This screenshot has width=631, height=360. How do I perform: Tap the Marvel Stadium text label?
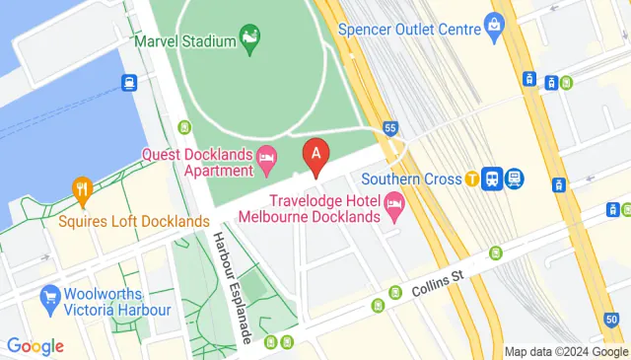point(186,41)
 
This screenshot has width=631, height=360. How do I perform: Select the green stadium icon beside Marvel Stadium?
point(251,39)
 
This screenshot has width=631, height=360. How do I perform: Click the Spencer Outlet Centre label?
point(409,29)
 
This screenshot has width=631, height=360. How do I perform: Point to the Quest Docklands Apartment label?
point(197,162)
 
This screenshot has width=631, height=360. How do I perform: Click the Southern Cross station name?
point(411,180)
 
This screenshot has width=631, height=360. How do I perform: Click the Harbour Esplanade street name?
point(235,286)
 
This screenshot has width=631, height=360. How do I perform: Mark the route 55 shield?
point(391,129)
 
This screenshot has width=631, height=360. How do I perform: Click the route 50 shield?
point(612,321)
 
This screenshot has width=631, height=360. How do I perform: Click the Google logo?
point(35,346)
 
